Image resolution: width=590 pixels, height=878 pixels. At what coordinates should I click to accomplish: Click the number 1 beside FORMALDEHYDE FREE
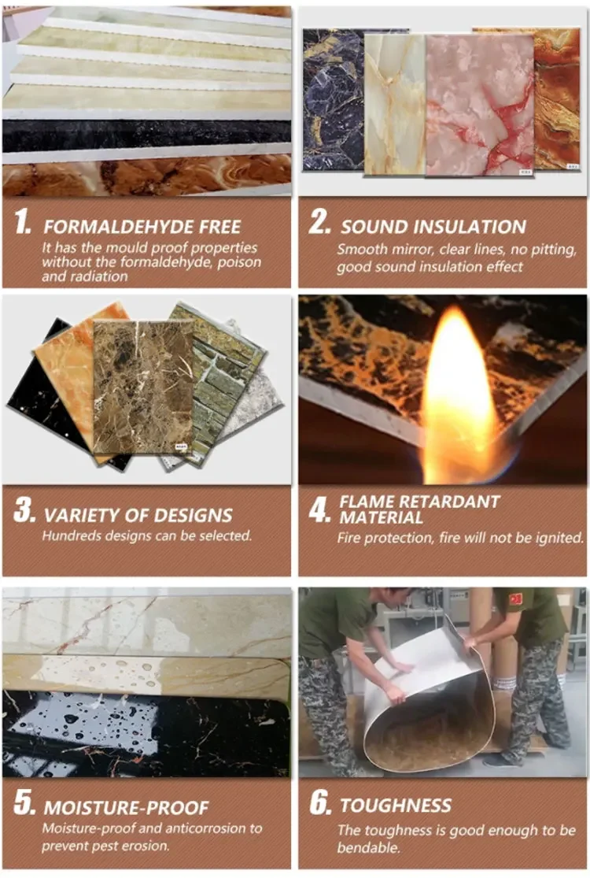click(x=24, y=224)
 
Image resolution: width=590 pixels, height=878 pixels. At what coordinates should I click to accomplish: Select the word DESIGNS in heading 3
click(x=194, y=516)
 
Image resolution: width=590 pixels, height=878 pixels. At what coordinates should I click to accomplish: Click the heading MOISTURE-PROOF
click(x=126, y=807)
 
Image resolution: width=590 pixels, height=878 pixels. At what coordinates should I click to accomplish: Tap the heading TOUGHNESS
click(x=396, y=806)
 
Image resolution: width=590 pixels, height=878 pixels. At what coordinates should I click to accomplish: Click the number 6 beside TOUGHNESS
click(x=319, y=804)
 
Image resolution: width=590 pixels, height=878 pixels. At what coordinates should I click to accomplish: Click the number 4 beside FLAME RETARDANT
click(x=319, y=510)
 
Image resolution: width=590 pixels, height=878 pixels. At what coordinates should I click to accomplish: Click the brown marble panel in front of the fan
click(x=142, y=386)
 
